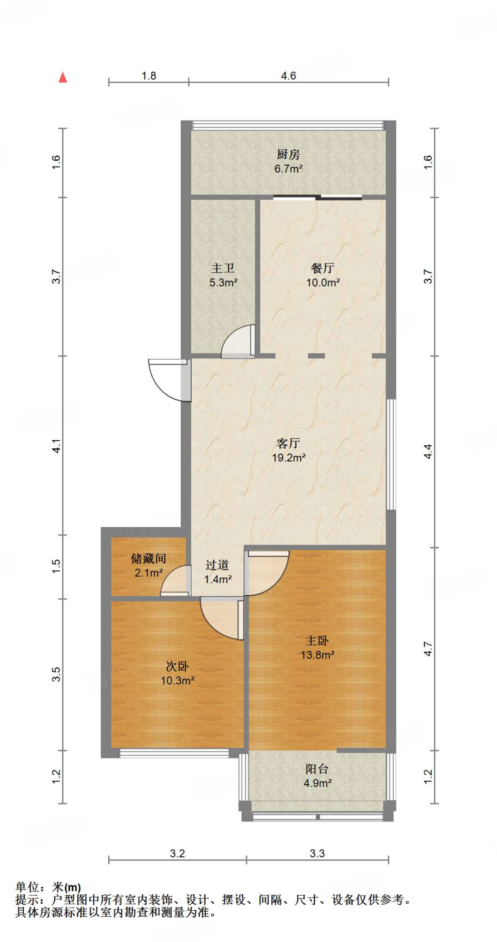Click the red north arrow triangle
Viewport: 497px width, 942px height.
pyautogui.click(x=63, y=77)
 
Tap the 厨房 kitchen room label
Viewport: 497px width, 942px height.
pyautogui.click(x=288, y=155)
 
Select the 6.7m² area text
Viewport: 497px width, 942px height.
pyautogui.click(x=288, y=169)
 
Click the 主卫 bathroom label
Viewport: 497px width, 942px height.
pyautogui.click(x=223, y=268)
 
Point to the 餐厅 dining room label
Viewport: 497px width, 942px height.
pyautogui.click(x=323, y=268)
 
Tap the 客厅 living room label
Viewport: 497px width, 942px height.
pyautogui.click(x=288, y=443)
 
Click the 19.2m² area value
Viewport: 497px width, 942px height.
pyautogui.click(x=289, y=458)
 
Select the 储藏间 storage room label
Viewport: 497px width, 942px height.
pyautogui.click(x=149, y=558)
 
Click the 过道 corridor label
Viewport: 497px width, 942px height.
pyautogui.click(x=217, y=565)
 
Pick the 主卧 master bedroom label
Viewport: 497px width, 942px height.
pyautogui.click(x=317, y=640)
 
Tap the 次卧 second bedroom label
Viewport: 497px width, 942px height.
pyautogui.click(x=177, y=666)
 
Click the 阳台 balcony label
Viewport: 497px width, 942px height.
pyautogui.click(x=317, y=769)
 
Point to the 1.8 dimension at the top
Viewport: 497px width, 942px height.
pyautogui.click(x=149, y=76)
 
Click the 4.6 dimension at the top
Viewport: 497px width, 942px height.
pyautogui.click(x=288, y=76)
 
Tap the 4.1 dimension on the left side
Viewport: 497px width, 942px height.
pyautogui.click(x=56, y=446)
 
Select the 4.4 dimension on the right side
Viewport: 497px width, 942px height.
pyautogui.click(x=428, y=451)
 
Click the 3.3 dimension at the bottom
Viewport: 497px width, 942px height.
pyautogui.click(x=317, y=854)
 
